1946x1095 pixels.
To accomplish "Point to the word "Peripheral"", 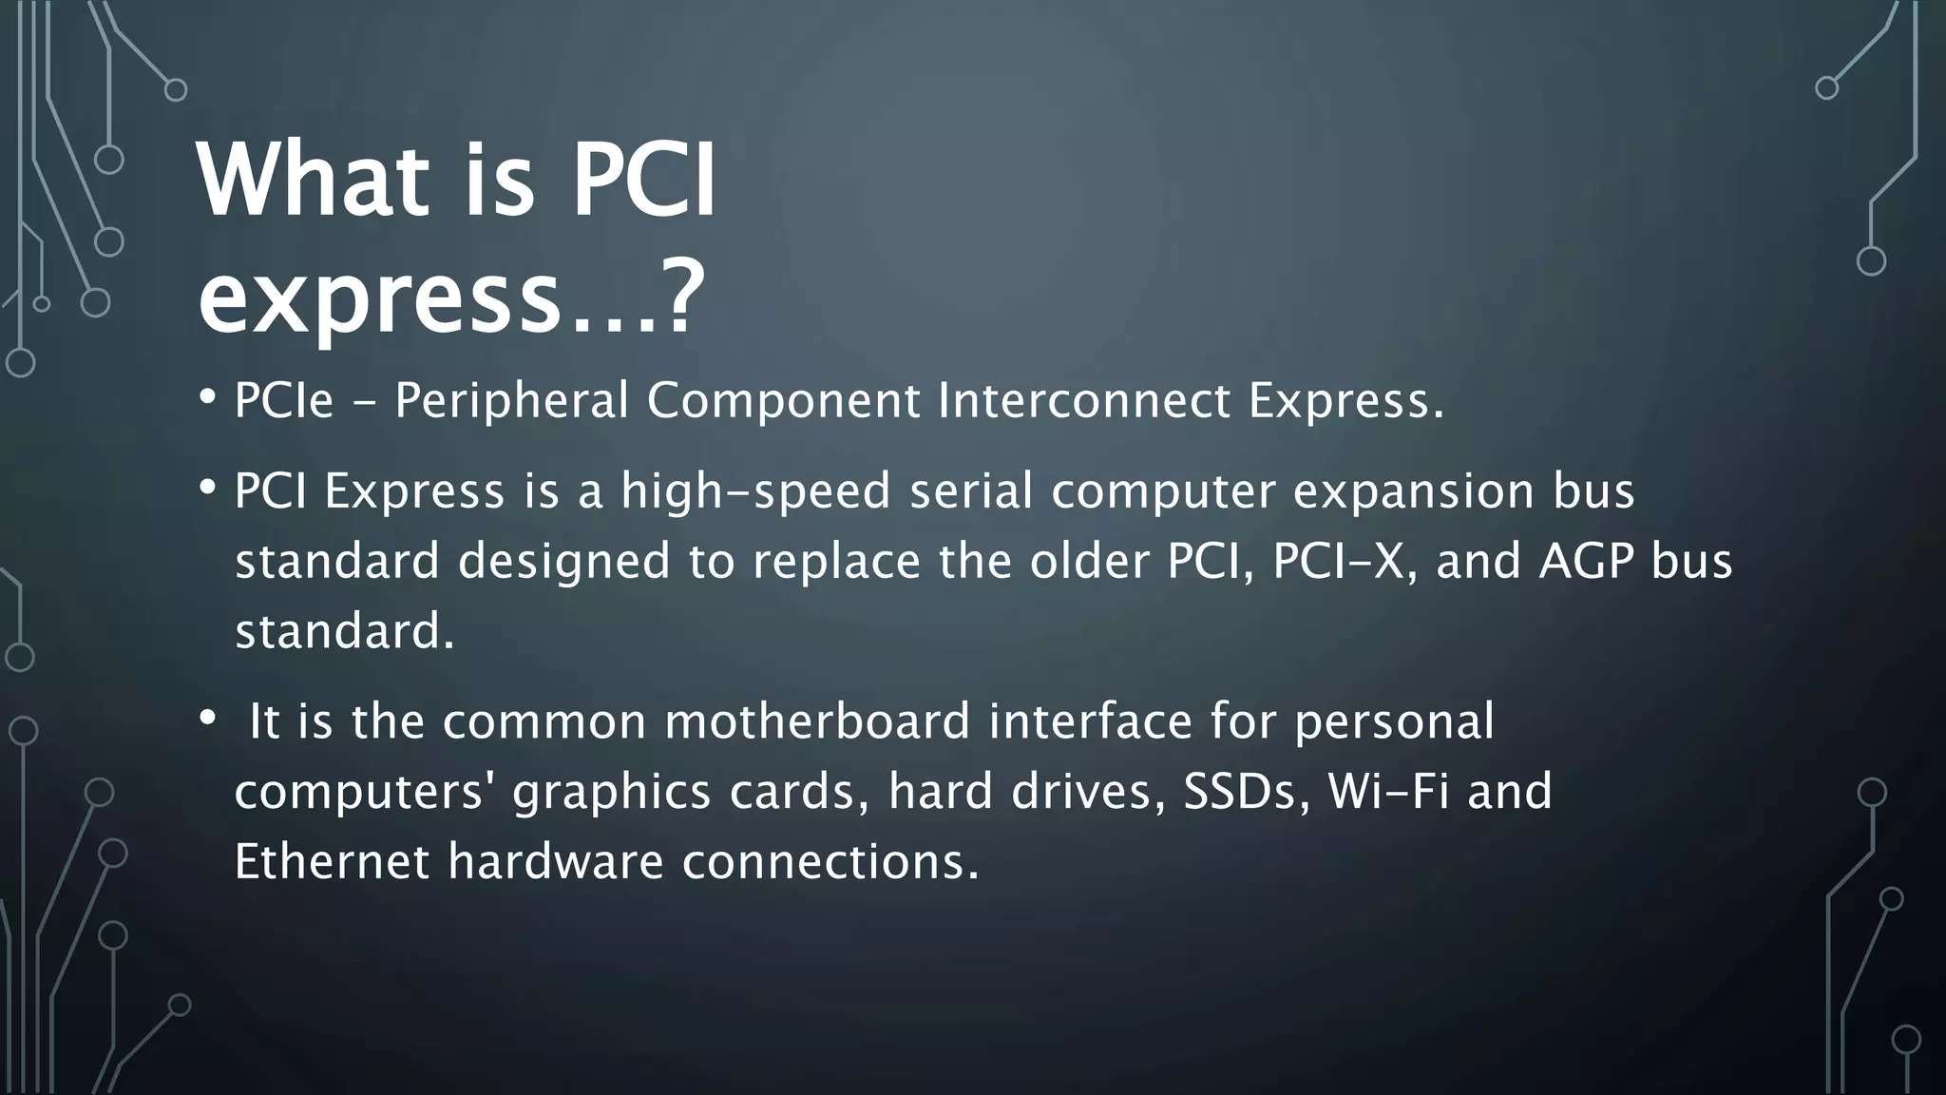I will [511, 400].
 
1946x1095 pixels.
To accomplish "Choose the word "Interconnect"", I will [1084, 400].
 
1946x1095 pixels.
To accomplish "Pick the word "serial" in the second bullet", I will [971, 491].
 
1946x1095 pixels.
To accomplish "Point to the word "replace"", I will [836, 562].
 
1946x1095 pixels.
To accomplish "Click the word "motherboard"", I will [817, 720].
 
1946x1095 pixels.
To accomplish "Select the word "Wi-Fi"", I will [1388, 791].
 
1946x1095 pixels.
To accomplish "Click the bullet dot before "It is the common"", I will [207, 719].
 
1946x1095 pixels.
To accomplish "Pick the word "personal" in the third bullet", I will [1394, 721].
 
